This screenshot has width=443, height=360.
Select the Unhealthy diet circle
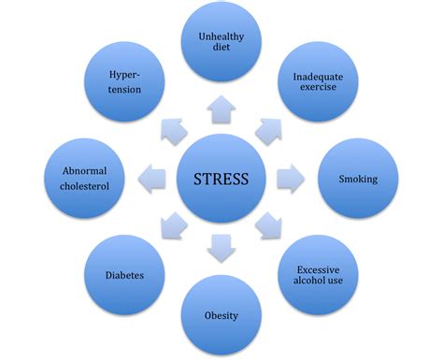(x=222, y=42)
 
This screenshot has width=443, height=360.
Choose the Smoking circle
(x=358, y=178)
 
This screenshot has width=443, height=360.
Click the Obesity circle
(x=221, y=315)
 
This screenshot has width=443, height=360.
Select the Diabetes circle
(x=124, y=276)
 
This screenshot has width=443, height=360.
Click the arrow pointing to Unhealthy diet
(x=222, y=109)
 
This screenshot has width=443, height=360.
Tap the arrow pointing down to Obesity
(x=221, y=246)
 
